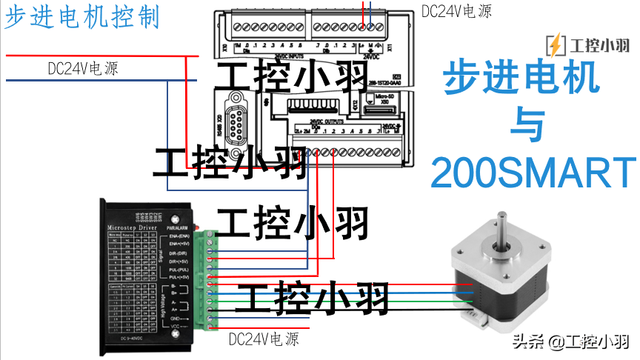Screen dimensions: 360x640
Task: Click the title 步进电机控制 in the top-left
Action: click(x=82, y=16)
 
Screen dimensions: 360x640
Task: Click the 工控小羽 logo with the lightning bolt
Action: click(x=588, y=45)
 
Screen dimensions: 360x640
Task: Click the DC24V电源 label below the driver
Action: click(x=264, y=339)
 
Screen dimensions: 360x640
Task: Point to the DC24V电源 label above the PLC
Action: click(x=456, y=10)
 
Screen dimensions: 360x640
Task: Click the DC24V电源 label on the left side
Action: click(x=83, y=68)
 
